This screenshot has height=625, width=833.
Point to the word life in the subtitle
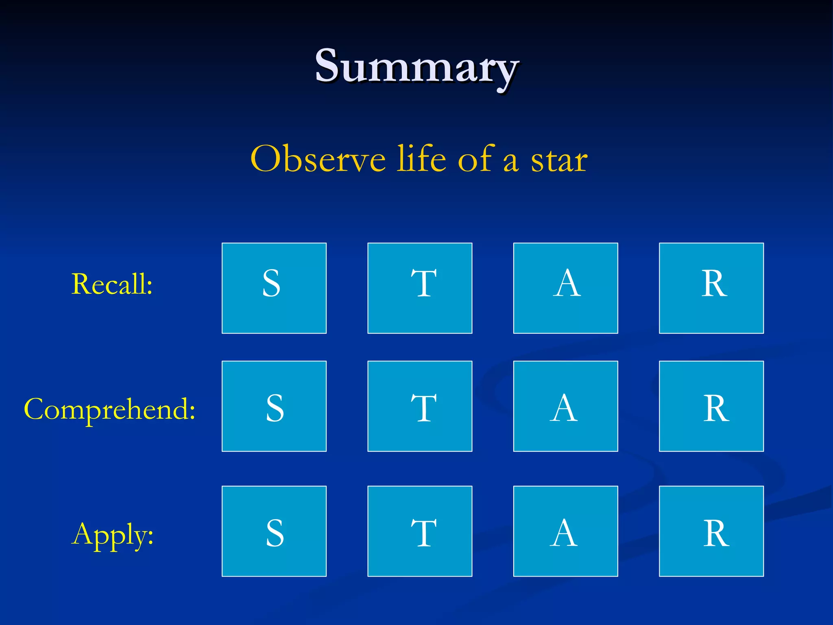[422, 159]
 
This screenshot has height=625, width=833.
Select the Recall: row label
[112, 284]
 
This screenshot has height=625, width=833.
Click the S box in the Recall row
[274, 288]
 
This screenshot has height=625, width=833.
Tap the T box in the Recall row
[420, 288]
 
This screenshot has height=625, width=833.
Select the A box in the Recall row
[565, 288]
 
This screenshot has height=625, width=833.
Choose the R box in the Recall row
[711, 288]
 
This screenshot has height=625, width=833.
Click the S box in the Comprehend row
[274, 406]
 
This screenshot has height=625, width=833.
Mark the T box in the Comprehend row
[420, 406]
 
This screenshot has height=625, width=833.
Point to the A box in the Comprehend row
[565, 406]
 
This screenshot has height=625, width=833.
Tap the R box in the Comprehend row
[711, 406]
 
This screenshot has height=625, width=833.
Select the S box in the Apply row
[274, 531]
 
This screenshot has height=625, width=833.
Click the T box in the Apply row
[420, 531]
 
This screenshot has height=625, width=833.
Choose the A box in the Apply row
[565, 531]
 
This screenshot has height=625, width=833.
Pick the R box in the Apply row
[711, 531]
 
